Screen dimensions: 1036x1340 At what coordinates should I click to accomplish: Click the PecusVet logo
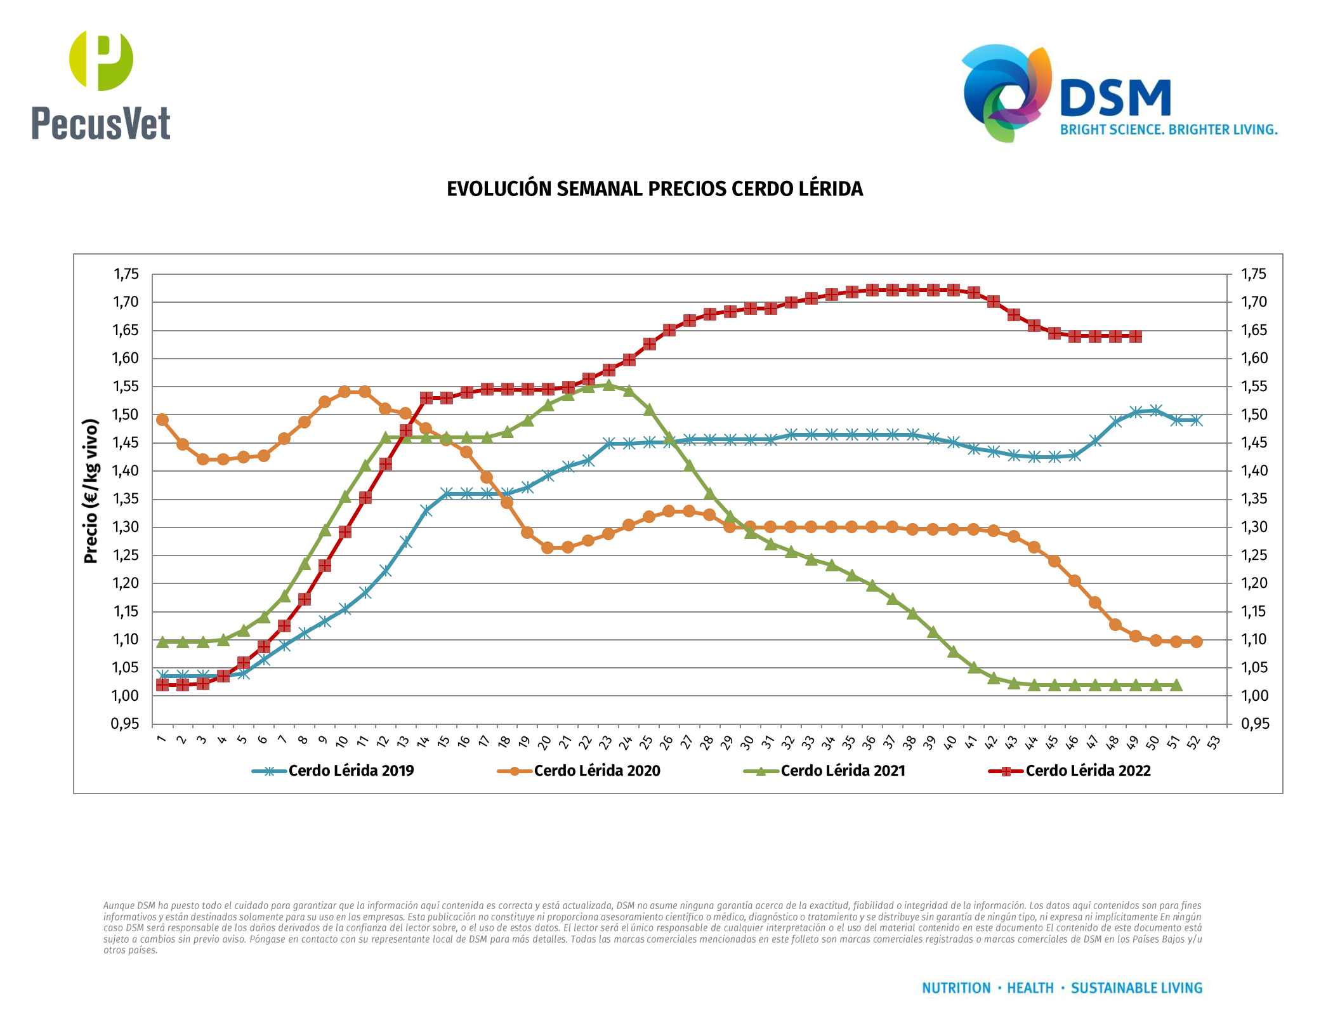pos(101,86)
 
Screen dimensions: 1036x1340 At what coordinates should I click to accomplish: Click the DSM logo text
pos(1115,98)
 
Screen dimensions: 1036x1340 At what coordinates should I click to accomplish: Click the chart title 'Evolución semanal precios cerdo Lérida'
pos(655,189)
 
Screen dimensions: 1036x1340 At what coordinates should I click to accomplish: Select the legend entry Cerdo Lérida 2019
pos(350,771)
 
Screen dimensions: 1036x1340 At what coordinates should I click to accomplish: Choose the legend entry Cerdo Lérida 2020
pos(596,771)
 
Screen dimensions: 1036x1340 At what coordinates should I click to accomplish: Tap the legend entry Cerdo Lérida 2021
pos(843,771)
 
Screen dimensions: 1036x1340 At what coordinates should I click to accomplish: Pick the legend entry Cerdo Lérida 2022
pos(1087,771)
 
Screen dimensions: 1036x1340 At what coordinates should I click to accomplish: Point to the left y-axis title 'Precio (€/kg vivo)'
pos(91,491)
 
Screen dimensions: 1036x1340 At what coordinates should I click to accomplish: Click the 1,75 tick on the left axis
pos(126,274)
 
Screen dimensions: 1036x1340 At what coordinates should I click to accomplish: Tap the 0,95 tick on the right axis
pos(1254,724)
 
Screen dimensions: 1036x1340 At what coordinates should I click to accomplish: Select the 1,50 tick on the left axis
pos(126,415)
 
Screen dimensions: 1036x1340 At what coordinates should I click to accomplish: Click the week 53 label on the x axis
pos(1213,742)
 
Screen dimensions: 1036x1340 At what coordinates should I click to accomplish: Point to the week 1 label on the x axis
pos(161,740)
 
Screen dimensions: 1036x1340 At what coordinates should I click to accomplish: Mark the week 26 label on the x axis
pos(666,742)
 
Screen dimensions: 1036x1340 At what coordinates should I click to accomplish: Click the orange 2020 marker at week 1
pos(162,420)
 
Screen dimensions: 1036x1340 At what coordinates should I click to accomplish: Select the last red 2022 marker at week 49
pos(1136,336)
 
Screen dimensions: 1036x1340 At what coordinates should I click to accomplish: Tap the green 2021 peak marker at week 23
pos(608,385)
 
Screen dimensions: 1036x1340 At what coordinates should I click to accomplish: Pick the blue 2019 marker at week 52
pos(1196,420)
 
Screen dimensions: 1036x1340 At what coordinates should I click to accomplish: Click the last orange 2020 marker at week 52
pos(1197,642)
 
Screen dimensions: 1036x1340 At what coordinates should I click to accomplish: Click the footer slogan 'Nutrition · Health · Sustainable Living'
pos(1062,988)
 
